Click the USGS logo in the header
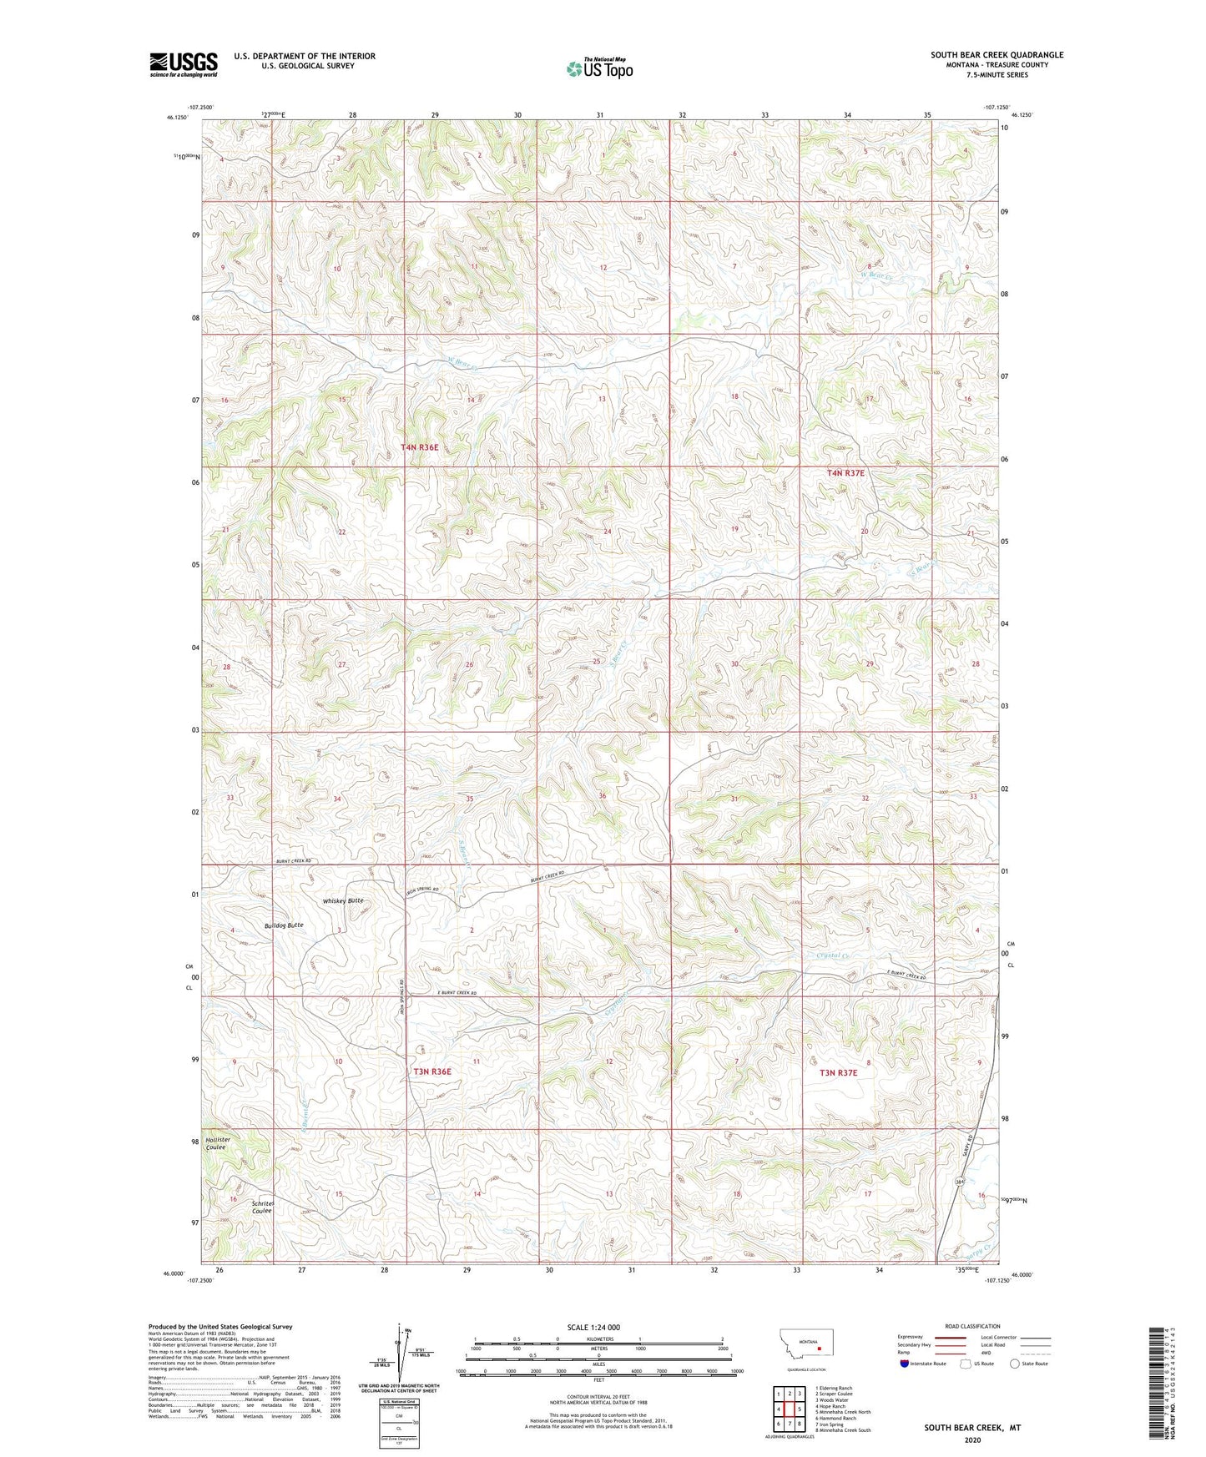pyautogui.click(x=184, y=64)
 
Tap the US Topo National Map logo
pyautogui.click(x=598, y=68)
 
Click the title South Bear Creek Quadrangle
pyautogui.click(x=997, y=55)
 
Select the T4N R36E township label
pyautogui.click(x=419, y=448)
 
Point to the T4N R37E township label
pyautogui.click(x=845, y=473)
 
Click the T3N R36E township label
pyautogui.click(x=431, y=1071)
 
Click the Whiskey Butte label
pyautogui.click(x=343, y=901)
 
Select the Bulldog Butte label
pyautogui.click(x=284, y=925)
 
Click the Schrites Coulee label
pyautogui.click(x=261, y=1207)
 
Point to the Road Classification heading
pyautogui.click(x=973, y=1326)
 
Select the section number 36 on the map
pyautogui.click(x=602, y=796)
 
